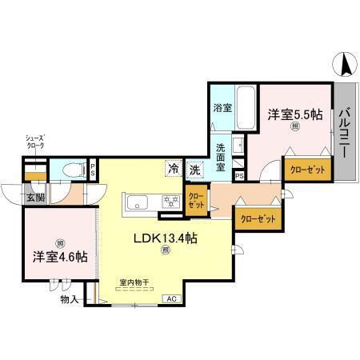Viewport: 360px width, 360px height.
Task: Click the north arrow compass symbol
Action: pos(344,63)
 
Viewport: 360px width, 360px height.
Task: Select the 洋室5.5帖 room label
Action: pos(295,115)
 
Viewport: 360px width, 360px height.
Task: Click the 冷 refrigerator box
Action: pos(174,169)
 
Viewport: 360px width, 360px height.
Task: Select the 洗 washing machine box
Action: pos(194,169)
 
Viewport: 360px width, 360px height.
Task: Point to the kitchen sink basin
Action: pos(136,201)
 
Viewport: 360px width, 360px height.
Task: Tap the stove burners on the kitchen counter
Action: pos(169,201)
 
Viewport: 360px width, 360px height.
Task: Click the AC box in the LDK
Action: pos(170,298)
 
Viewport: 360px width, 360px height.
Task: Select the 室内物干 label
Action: pos(134,282)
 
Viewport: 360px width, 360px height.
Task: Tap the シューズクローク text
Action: pos(34,142)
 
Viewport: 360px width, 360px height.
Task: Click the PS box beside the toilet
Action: pos(94,170)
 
